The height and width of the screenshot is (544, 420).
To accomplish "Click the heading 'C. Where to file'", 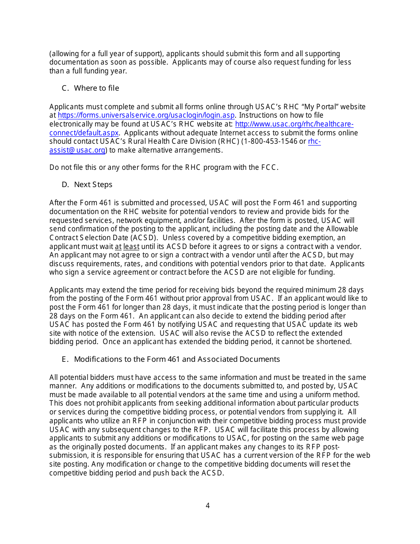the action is pyautogui.click(x=90, y=88).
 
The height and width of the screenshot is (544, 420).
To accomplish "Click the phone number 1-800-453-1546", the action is pyautogui.click(x=269, y=142).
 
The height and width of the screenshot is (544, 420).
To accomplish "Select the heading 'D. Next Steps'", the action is pyautogui.click(x=87, y=184).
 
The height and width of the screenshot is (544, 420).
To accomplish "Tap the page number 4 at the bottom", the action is pyautogui.click(x=208, y=506).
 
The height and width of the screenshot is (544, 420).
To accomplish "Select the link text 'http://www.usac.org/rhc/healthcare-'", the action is pyautogui.click(x=294, y=124).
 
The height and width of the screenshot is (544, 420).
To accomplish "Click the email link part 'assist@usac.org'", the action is pyautogui.click(x=77, y=150).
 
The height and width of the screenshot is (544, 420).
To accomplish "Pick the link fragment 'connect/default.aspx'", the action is pyautogui.click(x=84, y=133).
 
